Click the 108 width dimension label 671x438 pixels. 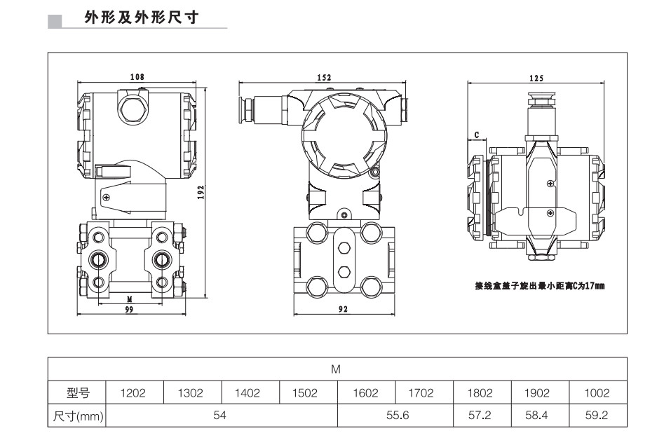[137, 77]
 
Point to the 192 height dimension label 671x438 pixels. [201, 192]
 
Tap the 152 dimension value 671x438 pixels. [324, 77]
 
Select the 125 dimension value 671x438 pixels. [536, 78]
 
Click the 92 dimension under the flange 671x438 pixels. [343, 309]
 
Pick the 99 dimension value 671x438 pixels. [129, 310]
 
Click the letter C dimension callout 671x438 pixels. [477, 135]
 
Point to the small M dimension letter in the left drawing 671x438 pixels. [130, 299]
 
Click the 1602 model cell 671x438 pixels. [366, 392]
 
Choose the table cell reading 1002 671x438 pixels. [598, 392]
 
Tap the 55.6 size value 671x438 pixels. [397, 415]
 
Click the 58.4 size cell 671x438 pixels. [536, 415]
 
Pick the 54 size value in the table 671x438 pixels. [219, 415]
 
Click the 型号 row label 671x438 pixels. [79, 392]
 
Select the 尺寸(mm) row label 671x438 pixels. [78, 416]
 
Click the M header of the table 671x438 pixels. [336, 369]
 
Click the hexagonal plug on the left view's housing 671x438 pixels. [133, 109]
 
